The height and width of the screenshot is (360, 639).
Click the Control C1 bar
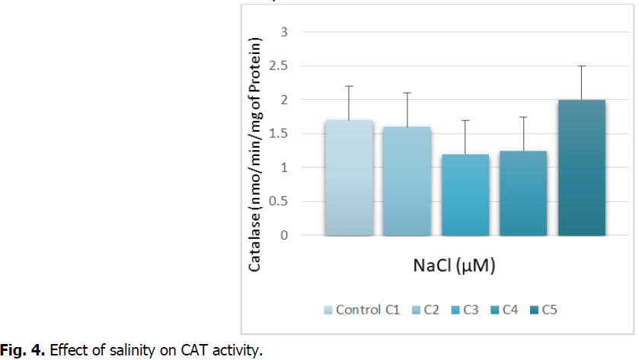pyautogui.click(x=348, y=177)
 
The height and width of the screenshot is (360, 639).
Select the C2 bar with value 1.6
pyautogui.click(x=407, y=181)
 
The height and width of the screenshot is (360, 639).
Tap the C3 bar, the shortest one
pyautogui.click(x=465, y=195)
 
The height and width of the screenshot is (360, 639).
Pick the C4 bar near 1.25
pyautogui.click(x=523, y=193)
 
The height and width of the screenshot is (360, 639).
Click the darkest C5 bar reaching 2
pyautogui.click(x=581, y=167)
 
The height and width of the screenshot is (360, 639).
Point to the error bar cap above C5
pyautogui.click(x=581, y=66)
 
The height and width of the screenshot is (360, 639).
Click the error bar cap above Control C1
pyautogui.click(x=348, y=86)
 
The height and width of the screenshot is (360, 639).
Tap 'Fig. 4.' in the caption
pyautogui.click(x=17, y=351)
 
